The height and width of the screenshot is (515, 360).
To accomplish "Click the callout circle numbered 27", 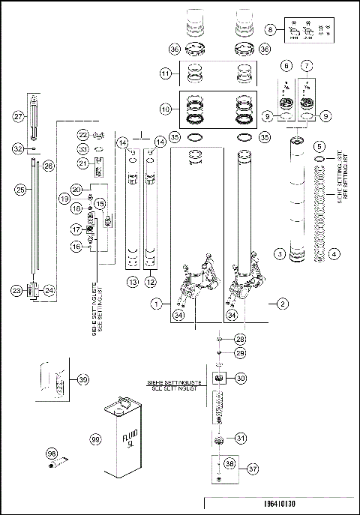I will pos(20,116).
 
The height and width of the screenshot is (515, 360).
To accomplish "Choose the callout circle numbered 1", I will pos(157,304).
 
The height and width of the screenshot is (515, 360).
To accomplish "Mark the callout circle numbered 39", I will pos(83,379).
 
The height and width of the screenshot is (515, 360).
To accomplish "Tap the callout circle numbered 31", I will pos(240,438).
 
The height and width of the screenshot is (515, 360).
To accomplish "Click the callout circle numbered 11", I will pos(166,74).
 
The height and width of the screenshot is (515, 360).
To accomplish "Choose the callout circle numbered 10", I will pos(166,109).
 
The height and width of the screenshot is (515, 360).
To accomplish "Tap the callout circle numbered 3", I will pos(279,255).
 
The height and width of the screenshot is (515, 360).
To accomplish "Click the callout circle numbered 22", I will pos(83,134).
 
